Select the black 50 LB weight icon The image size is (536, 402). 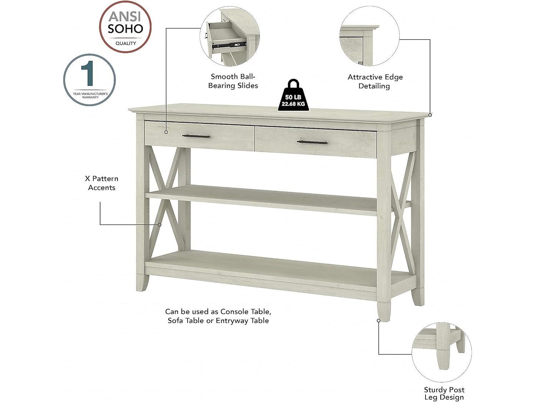point(293,96)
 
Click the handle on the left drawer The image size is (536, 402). point(196,136)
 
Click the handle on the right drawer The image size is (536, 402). point(312,142)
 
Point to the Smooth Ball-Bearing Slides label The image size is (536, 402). point(233,81)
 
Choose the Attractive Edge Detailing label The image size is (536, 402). point(375,81)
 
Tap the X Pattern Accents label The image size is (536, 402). point(102,183)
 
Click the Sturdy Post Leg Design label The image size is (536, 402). point(444,393)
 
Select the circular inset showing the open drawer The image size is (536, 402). point(229,37)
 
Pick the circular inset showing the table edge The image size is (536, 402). point(369,36)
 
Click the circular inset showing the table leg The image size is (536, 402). point(442,352)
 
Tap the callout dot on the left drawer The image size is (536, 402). point(166,132)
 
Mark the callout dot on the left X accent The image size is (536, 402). point(160,225)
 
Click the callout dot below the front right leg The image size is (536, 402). point(379,321)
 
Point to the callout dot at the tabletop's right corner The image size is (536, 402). point(430,115)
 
